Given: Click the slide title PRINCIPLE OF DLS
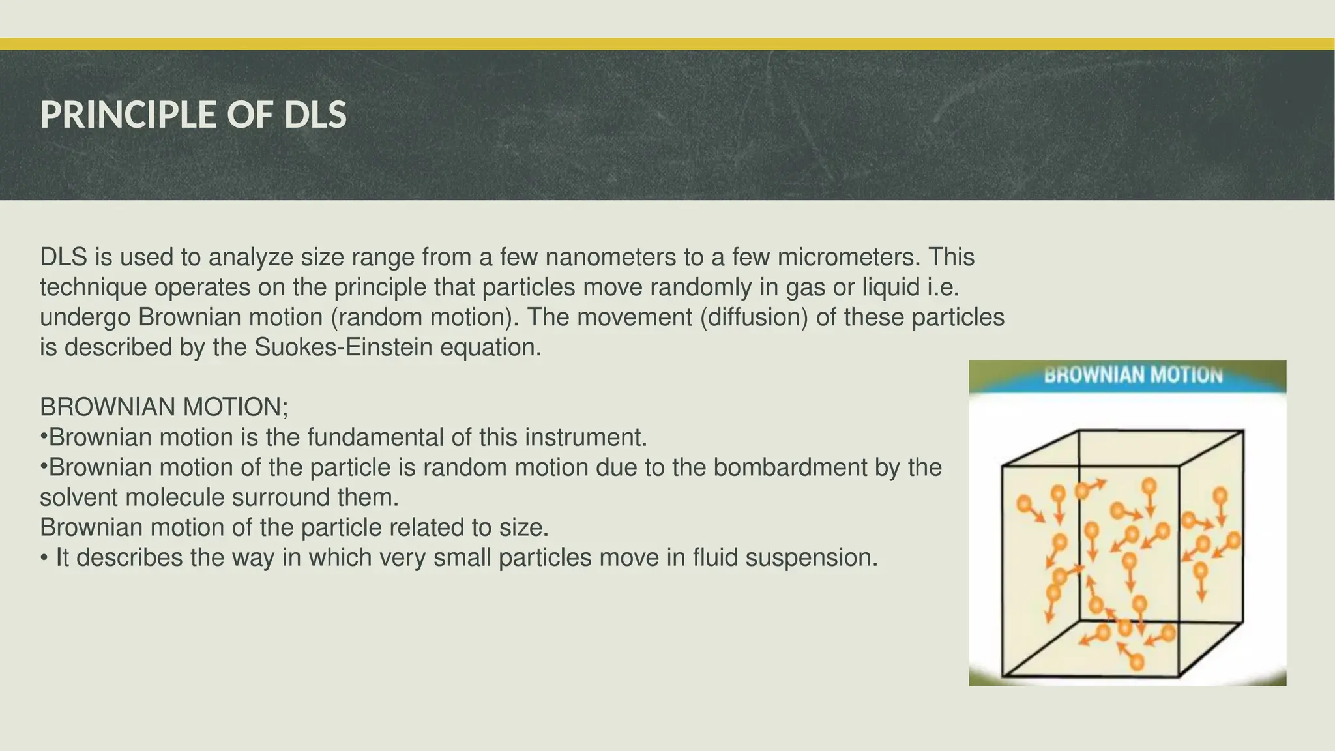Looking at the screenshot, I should tap(193, 115).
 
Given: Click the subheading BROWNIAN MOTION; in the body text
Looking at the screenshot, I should tap(164, 407).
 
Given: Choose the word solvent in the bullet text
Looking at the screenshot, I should tap(79, 497).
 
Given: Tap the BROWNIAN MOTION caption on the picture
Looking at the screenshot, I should tap(1133, 375).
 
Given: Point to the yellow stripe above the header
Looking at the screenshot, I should tap(667, 44).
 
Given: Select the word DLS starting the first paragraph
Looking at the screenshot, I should tap(64, 258).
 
